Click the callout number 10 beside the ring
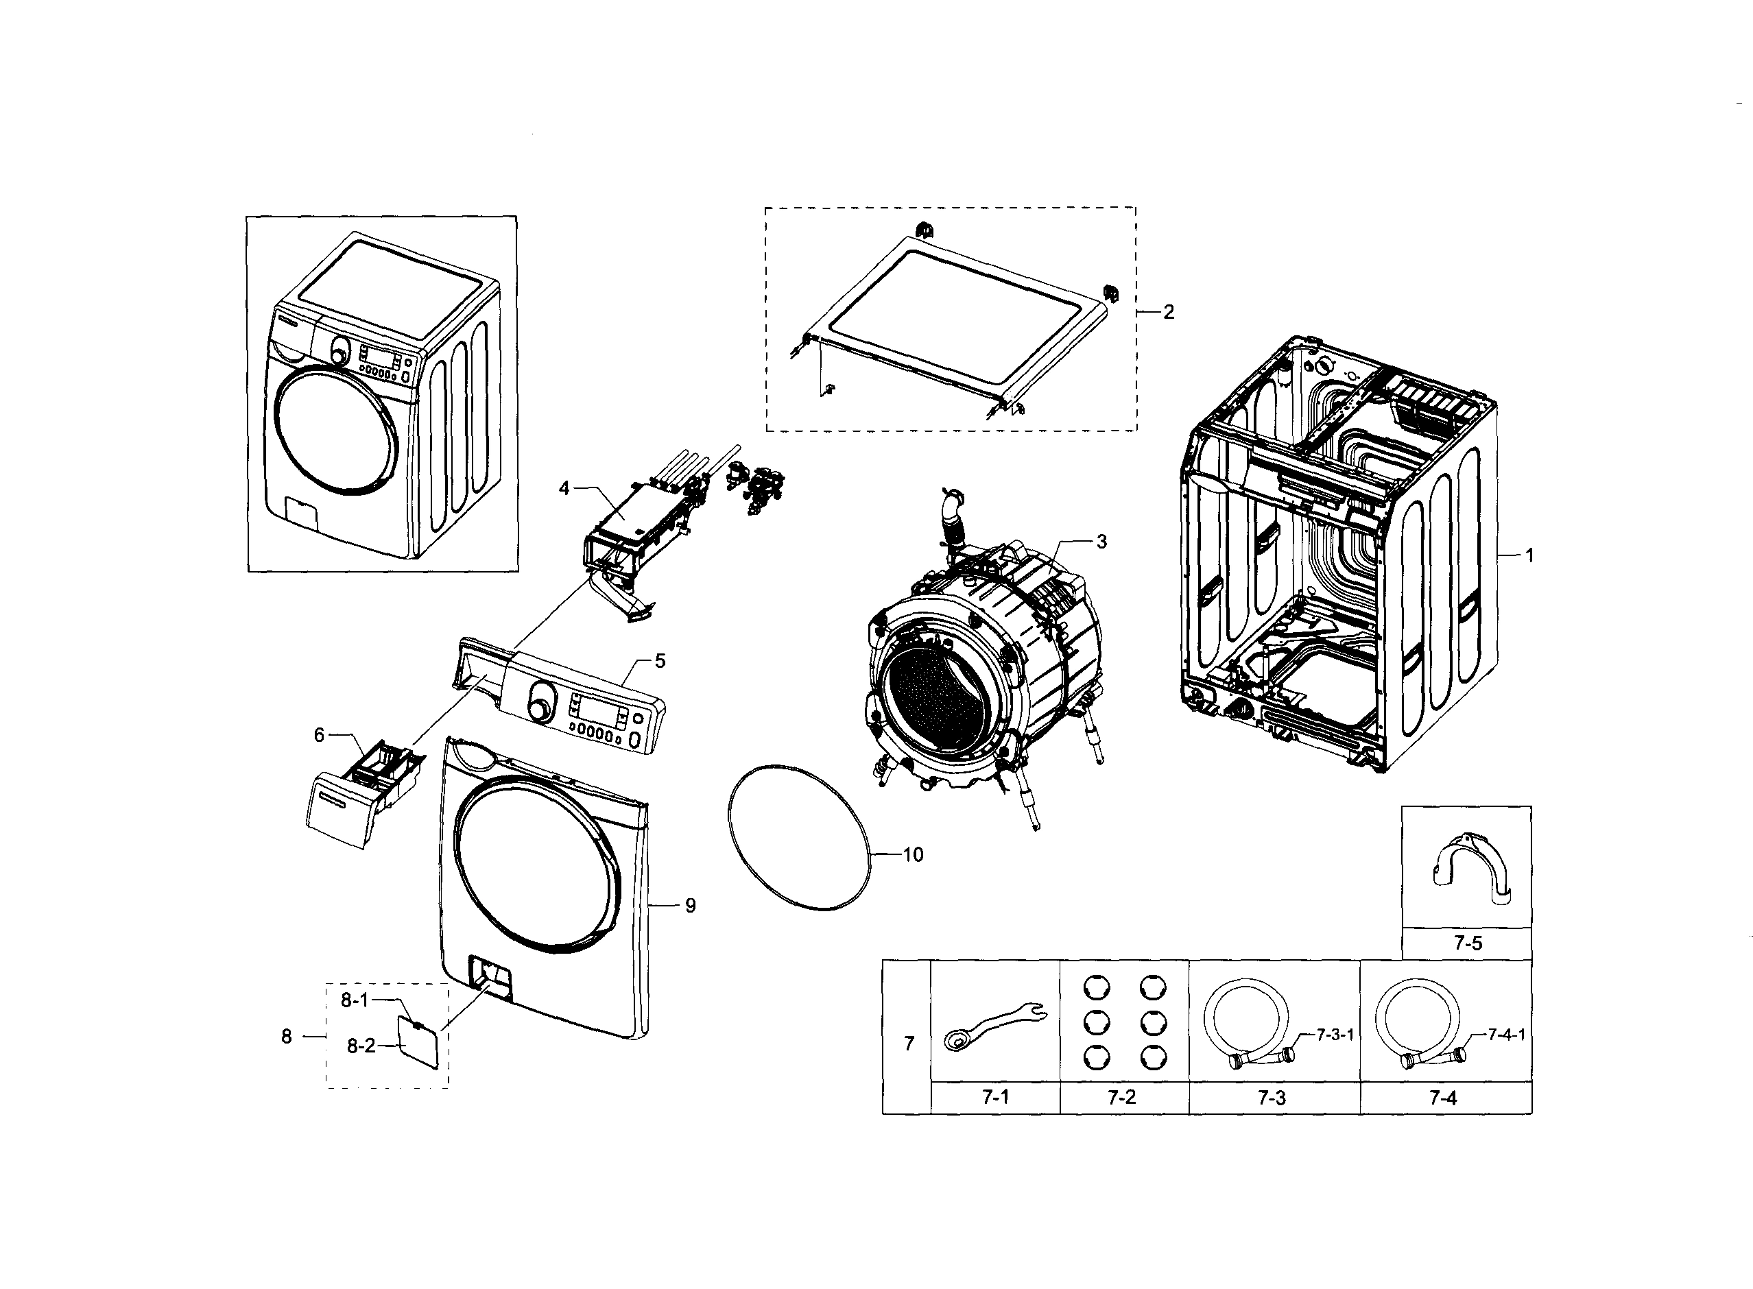click(912, 855)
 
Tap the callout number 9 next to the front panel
click(690, 906)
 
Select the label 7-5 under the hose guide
click(1467, 943)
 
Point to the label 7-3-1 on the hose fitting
click(1335, 1035)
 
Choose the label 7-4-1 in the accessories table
click(1506, 1035)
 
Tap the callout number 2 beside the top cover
click(1169, 312)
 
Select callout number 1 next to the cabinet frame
click(1530, 555)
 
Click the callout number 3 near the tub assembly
click(1101, 542)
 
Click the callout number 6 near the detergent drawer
click(319, 734)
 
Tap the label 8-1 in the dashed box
click(355, 1000)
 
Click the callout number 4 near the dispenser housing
click(564, 488)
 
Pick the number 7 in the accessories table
click(909, 1044)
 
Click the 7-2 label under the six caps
click(1121, 1098)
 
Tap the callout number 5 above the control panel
click(660, 661)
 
